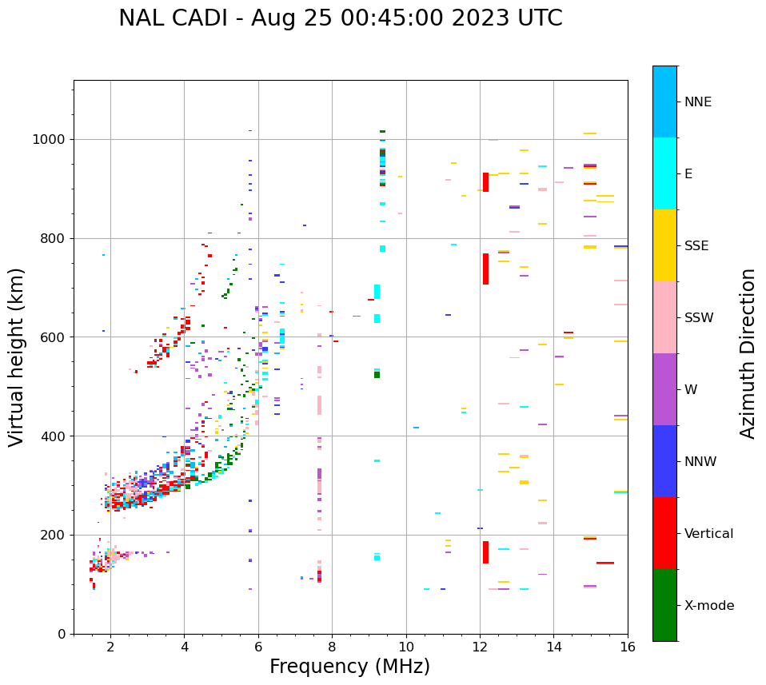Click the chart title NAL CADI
click(340, 18)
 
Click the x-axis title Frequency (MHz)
click(349, 667)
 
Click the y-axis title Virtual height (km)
click(17, 356)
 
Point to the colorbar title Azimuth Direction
click(748, 352)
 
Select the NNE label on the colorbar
click(697, 102)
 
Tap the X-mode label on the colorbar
click(708, 606)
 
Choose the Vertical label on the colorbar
click(708, 534)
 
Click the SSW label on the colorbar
click(699, 318)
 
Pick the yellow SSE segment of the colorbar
click(664, 245)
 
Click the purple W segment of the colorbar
click(664, 389)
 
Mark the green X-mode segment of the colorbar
click(664, 605)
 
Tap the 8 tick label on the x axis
click(332, 647)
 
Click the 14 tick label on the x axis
click(553, 647)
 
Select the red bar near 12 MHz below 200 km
click(485, 552)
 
